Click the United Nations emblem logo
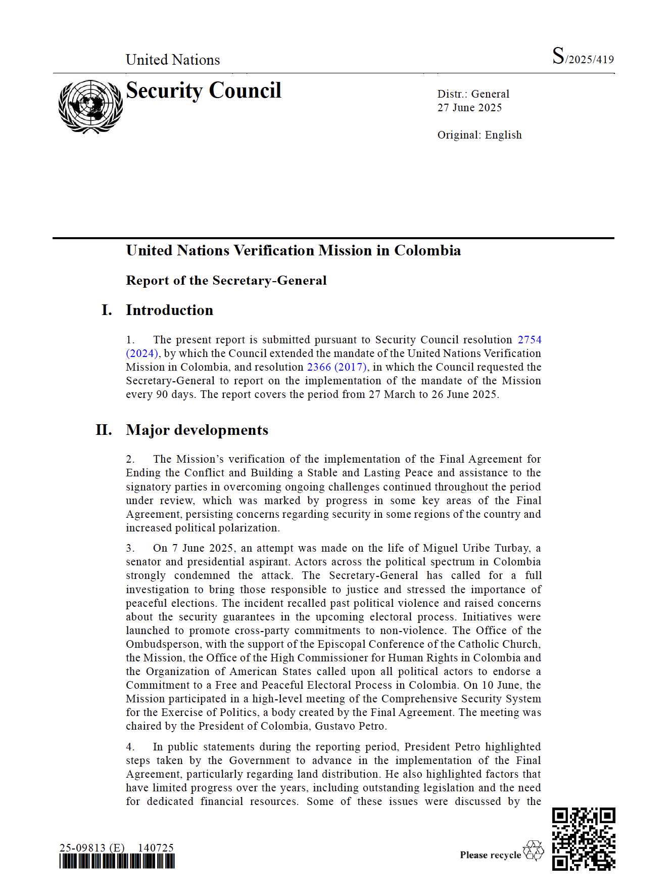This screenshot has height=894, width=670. coord(90,107)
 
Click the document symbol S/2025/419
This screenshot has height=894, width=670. coord(583,57)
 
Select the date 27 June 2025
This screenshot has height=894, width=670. coord(469,108)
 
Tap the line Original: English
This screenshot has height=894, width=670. coord(479,135)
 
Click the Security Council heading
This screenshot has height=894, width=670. coord(203,91)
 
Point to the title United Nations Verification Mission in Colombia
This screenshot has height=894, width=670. coord(293,251)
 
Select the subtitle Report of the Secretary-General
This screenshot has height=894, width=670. coord(226,281)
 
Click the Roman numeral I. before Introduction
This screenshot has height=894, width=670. coord(107,310)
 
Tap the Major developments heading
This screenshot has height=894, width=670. coord(197,430)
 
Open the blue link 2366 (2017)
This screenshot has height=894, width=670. coord(337,367)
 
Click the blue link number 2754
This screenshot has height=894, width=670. coord(529,340)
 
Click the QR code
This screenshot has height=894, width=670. coord(583,839)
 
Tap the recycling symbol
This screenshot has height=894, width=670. coord(533,851)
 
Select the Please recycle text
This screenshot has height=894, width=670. coord(490,855)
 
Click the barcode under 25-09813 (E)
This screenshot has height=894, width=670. coord(117,861)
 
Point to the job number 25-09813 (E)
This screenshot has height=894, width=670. coord(91,847)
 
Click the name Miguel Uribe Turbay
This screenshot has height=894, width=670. coord(476,548)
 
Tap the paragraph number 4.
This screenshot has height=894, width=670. coord(130,747)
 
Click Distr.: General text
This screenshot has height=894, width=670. coord(473,94)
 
